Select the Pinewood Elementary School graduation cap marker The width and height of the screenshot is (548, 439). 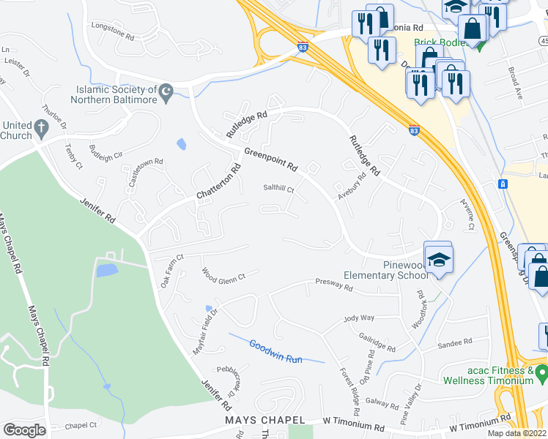[x=438, y=259]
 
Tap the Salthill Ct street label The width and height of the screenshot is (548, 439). [x=278, y=189]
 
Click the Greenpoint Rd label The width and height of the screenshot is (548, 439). [x=270, y=160]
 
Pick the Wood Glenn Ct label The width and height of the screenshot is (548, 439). [x=223, y=274]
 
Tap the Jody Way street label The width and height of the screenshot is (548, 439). [x=359, y=318]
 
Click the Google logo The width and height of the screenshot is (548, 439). [x=24, y=429]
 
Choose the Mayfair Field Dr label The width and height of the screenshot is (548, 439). [x=205, y=320]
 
